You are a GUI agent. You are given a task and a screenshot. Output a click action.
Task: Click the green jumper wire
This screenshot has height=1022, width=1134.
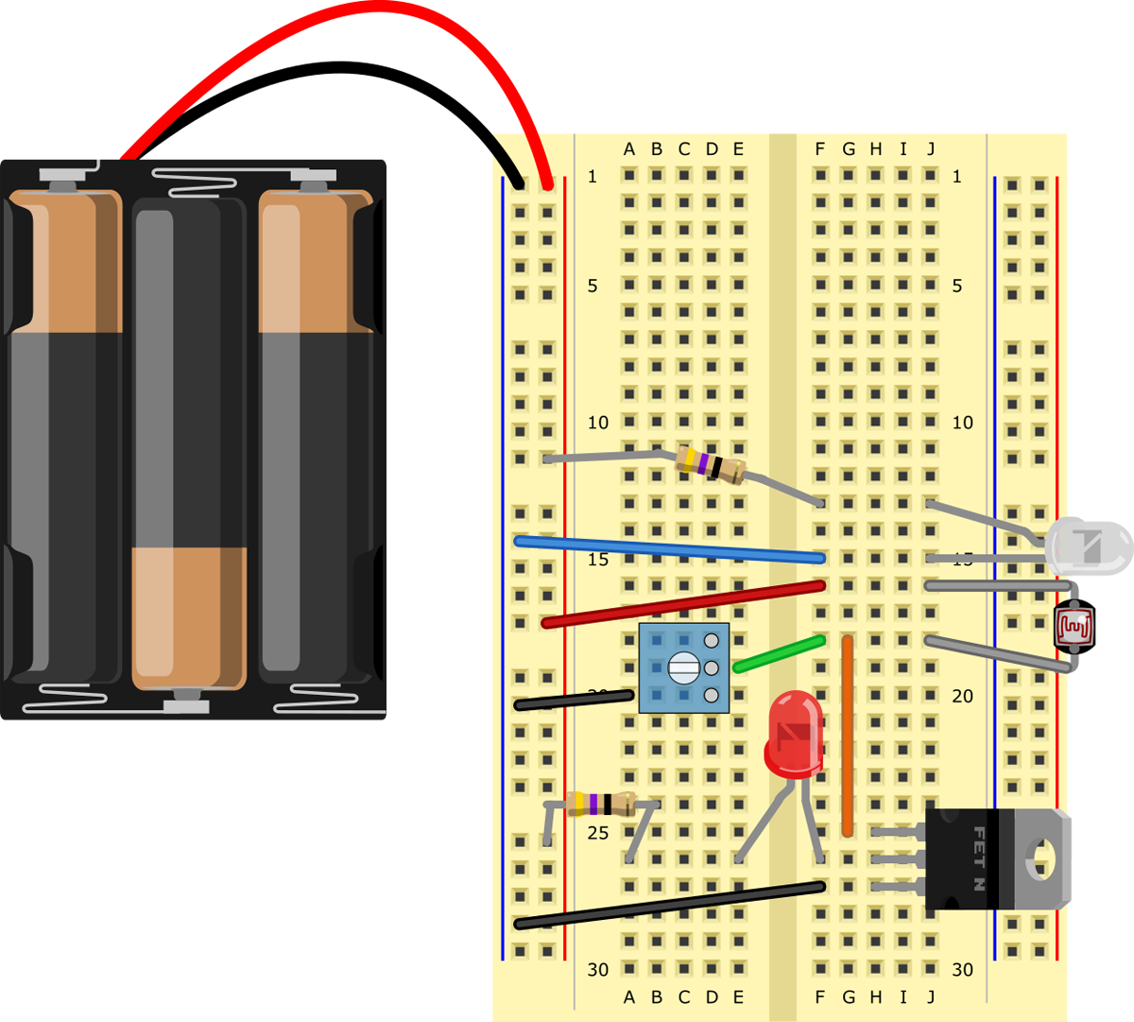(x=779, y=653)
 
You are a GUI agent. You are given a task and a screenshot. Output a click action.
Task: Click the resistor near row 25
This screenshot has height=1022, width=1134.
(x=600, y=804)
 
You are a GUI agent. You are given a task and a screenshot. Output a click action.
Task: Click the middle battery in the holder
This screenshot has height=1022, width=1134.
(x=189, y=444)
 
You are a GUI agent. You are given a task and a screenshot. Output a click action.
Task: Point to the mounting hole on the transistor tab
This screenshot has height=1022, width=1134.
(x=1042, y=858)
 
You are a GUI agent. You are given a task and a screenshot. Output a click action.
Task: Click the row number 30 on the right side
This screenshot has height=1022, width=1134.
(x=962, y=969)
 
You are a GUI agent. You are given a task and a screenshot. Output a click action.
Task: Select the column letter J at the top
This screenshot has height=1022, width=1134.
(x=931, y=148)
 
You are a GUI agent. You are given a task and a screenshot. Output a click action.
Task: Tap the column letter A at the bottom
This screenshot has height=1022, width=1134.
(x=629, y=996)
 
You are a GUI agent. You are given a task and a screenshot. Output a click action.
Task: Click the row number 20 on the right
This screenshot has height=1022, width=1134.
(x=962, y=696)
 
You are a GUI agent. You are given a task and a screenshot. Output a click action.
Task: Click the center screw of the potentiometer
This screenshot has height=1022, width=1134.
(x=681, y=668)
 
